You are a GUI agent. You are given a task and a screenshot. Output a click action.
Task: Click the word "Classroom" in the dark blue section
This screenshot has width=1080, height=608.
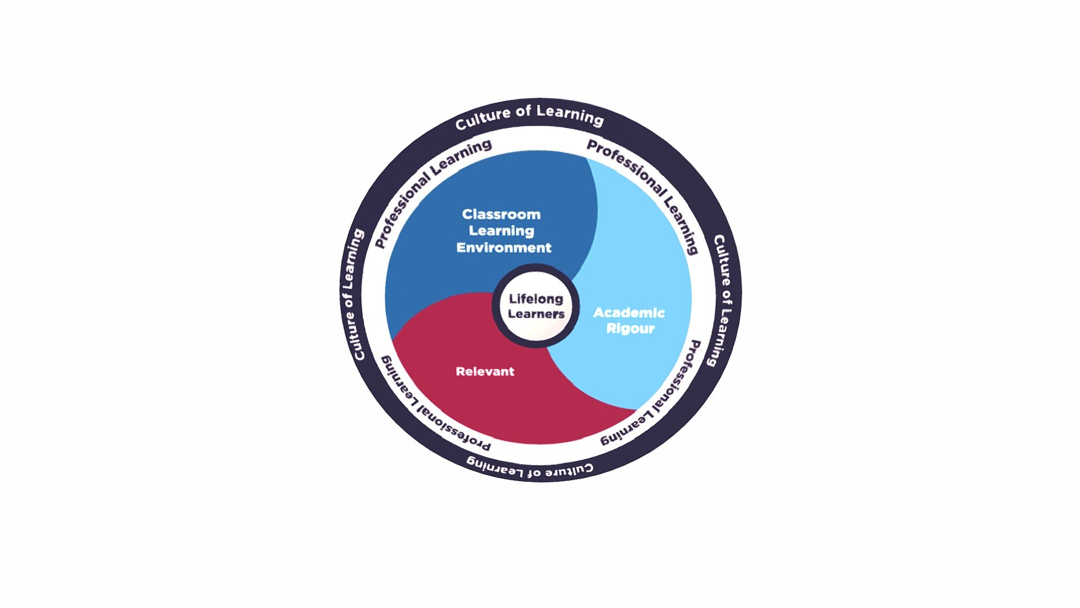point(501,214)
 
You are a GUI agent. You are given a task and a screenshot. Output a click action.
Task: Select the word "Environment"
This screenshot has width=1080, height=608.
point(504,248)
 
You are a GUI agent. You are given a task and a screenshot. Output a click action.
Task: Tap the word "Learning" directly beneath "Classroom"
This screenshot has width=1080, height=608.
point(502,231)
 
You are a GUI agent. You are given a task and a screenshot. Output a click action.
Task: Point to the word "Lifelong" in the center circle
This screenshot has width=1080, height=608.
point(536,299)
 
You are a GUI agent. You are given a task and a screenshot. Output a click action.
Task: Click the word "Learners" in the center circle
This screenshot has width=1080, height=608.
point(536,314)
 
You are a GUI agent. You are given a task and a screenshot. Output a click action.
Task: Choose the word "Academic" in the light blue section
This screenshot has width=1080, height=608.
point(629,312)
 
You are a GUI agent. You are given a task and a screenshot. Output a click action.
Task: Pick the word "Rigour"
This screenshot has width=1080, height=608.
point(630,328)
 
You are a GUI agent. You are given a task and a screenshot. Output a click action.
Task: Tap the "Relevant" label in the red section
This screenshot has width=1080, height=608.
point(485,372)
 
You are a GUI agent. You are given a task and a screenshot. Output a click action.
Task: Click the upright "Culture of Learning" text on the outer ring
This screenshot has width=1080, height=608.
point(529,117)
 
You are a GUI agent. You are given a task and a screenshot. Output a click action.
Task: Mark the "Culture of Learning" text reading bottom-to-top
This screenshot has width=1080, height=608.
point(353,294)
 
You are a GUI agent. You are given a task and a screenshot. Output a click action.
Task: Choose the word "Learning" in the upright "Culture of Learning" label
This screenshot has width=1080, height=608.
point(569,114)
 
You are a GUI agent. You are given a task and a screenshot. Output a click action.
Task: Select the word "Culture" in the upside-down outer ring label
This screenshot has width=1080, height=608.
point(570,469)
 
